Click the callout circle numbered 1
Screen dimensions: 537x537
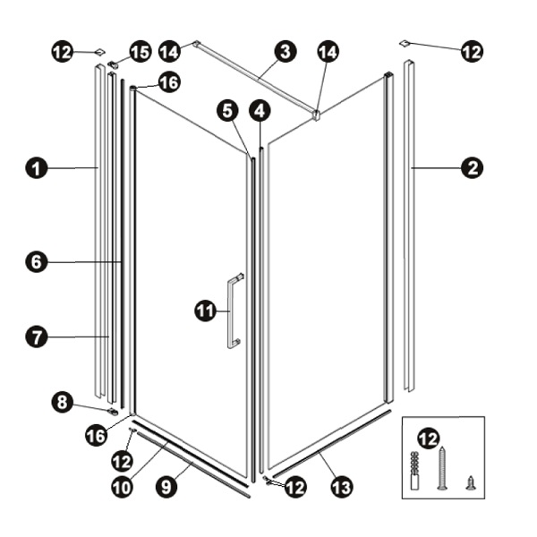click(x=37, y=168)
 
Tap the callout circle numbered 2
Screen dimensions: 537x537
click(x=472, y=168)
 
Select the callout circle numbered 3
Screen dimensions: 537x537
click(x=286, y=52)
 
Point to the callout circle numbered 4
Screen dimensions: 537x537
click(x=260, y=111)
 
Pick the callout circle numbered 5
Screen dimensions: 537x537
click(x=227, y=111)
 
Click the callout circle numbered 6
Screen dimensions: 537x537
click(x=37, y=262)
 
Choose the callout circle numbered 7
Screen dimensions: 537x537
click(x=37, y=337)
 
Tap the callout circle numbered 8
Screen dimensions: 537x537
click(x=63, y=402)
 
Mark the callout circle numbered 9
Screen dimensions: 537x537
click(x=166, y=487)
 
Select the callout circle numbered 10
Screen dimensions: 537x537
click(x=123, y=487)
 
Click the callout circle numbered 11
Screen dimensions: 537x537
click(x=206, y=311)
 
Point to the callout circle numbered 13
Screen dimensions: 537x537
click(x=342, y=487)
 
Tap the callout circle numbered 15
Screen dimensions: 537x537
click(x=141, y=53)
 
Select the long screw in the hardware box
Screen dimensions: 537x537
click(x=442, y=468)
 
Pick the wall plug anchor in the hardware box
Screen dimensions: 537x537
click(x=414, y=470)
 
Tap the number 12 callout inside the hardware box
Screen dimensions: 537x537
click(x=428, y=439)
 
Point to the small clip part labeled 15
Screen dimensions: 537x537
click(x=113, y=64)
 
